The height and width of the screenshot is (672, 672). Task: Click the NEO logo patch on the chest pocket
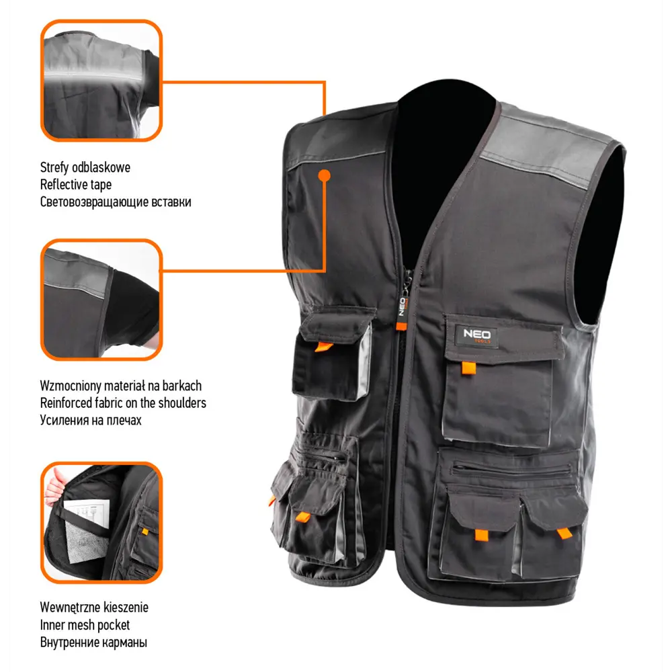[x=476, y=335]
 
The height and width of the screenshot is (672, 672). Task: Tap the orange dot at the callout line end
[x=325, y=175]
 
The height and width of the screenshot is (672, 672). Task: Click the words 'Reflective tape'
[x=76, y=185]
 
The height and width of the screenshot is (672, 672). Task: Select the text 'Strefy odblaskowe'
[x=85, y=167]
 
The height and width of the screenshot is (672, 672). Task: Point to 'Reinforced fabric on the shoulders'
[x=123, y=403]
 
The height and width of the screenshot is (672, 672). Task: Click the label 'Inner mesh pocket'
[x=85, y=625]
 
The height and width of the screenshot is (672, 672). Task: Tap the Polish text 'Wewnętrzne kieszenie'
[x=94, y=607]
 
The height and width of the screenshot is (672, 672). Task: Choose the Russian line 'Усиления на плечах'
[x=91, y=420]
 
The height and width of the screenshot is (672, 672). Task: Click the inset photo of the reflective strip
[x=101, y=81]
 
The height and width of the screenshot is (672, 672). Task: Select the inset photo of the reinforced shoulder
[x=101, y=300]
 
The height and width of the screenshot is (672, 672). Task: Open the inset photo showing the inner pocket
[x=101, y=522]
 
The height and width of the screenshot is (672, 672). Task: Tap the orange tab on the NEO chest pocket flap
[x=468, y=368]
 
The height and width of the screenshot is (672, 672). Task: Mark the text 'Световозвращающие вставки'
[x=116, y=202]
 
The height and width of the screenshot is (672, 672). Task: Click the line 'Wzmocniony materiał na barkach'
[x=121, y=386]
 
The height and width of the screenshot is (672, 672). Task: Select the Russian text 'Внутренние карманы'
[x=93, y=642]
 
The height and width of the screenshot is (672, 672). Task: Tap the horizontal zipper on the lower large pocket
[x=512, y=470]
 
